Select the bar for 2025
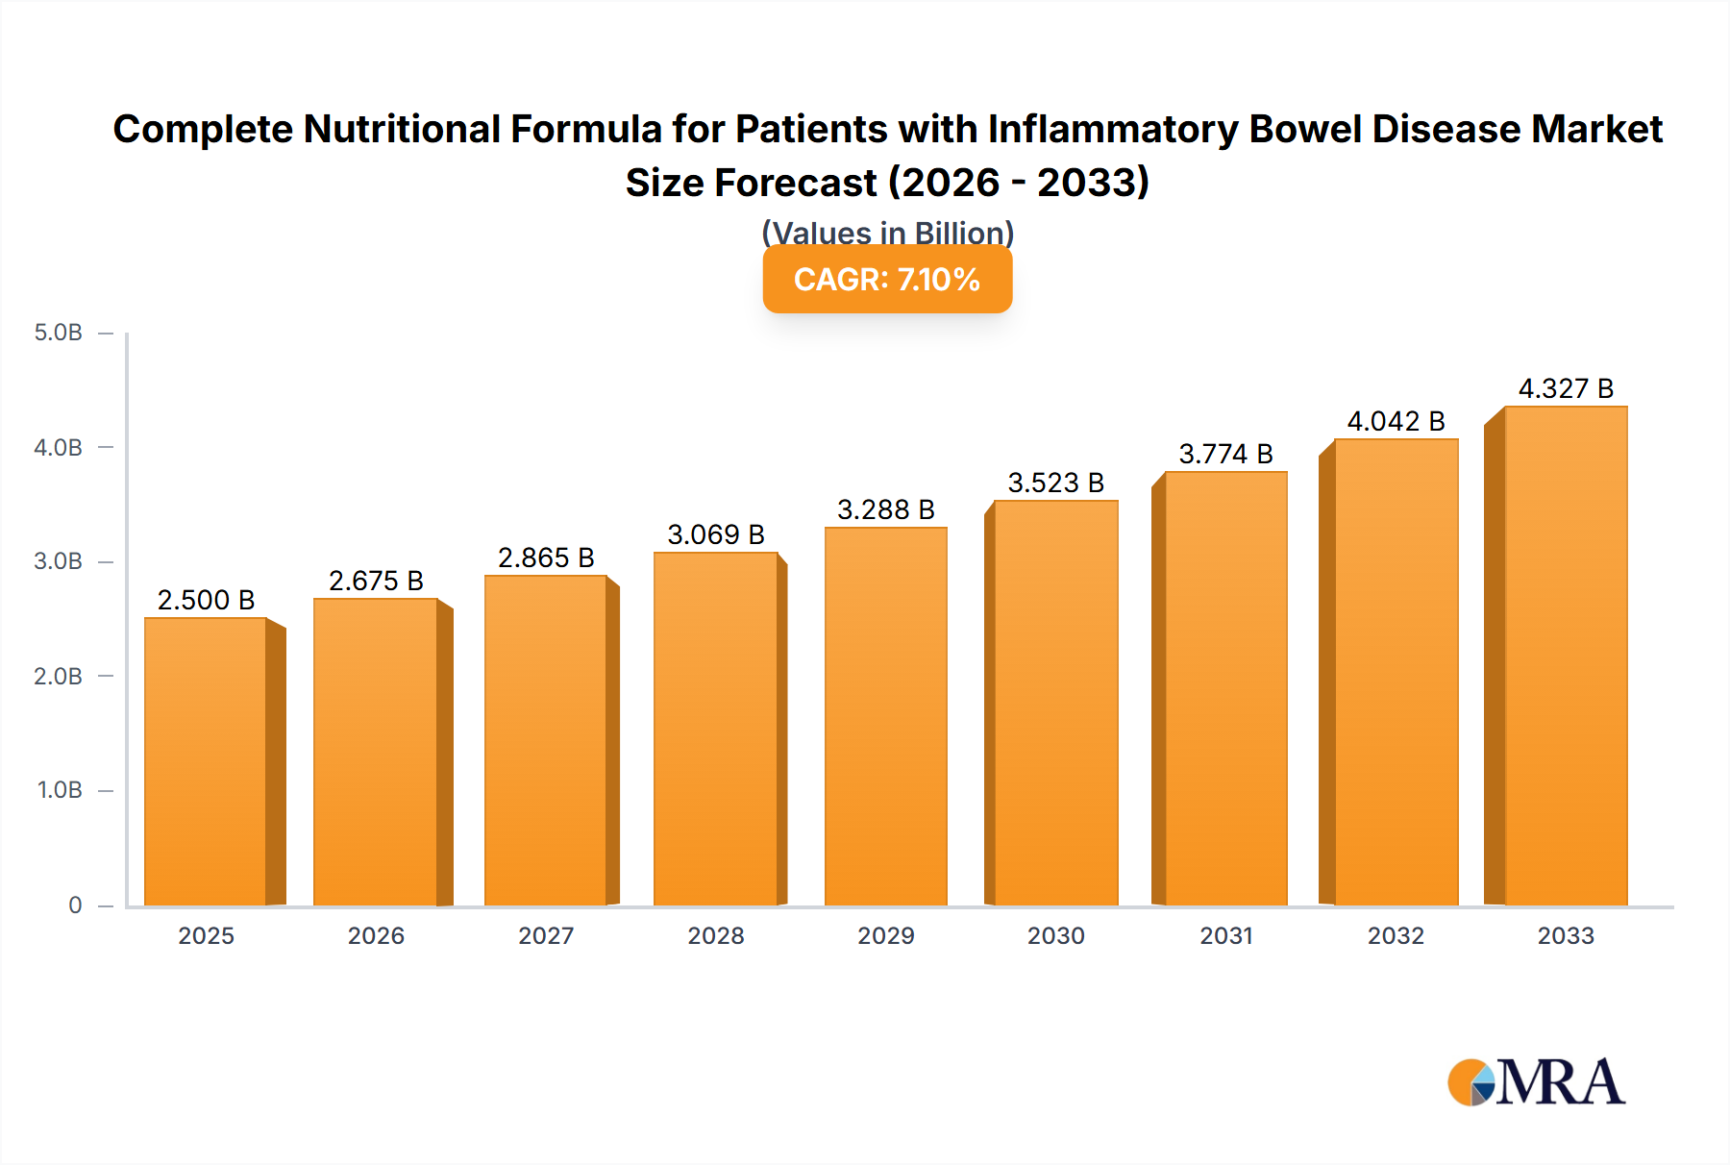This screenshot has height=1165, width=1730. click(206, 761)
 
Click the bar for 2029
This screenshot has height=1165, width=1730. click(886, 716)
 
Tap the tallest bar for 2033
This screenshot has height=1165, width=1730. click(1566, 656)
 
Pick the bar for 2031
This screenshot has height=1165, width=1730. click(1225, 688)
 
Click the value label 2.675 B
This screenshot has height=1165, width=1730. click(376, 581)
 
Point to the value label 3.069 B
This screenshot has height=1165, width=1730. click(716, 534)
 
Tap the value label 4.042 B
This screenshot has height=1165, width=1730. click(1396, 421)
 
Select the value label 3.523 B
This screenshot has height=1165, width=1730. click(1055, 483)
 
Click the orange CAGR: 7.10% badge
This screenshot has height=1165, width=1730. click(887, 279)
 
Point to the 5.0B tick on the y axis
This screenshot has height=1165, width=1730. click(59, 333)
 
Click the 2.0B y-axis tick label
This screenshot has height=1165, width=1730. click(59, 676)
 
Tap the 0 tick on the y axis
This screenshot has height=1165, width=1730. click(75, 905)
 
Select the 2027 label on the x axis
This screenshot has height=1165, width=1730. click(546, 935)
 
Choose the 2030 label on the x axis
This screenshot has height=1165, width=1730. click(1055, 935)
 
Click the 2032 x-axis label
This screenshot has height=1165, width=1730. click(1396, 935)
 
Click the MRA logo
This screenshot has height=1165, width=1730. click(1536, 1082)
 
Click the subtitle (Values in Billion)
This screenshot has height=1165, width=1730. click(887, 233)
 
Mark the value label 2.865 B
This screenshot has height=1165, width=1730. click(546, 558)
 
